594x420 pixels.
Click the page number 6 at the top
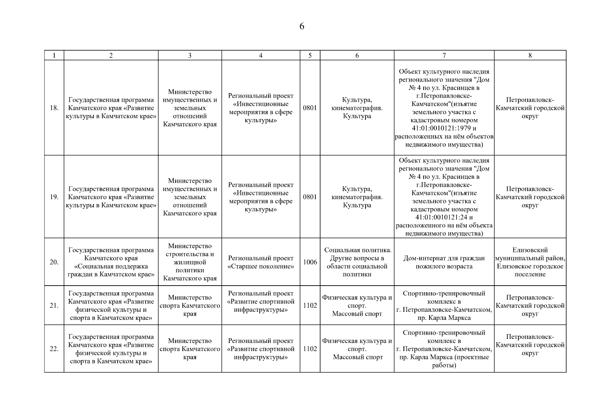302,27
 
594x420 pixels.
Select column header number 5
310,55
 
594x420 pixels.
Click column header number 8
530,55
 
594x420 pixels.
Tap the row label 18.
54,108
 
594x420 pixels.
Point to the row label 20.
54,262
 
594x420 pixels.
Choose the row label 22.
54,349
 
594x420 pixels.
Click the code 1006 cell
310,262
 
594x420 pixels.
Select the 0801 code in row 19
310,197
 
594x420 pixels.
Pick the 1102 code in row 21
310,306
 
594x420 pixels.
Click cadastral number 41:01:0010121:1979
444,128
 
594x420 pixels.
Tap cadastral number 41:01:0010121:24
444,217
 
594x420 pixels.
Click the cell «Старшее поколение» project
261,262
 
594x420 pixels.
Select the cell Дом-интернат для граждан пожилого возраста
444,262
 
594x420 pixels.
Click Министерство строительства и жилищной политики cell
190,262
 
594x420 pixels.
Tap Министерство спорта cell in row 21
190,306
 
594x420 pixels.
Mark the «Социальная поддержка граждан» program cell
111,262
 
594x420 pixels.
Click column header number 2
111,55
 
